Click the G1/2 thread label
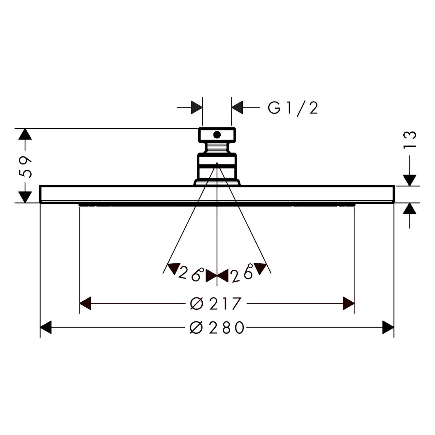(x=293, y=108)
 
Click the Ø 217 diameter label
(x=215, y=303)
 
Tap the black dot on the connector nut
(x=217, y=135)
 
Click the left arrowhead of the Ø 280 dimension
(x=46, y=327)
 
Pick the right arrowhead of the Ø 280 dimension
(x=388, y=327)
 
